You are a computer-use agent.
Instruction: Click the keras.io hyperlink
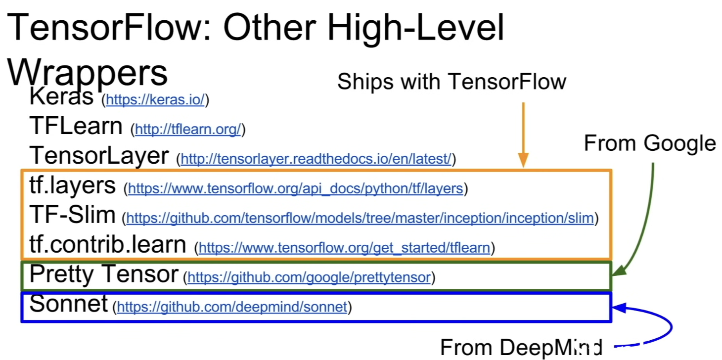[155, 99]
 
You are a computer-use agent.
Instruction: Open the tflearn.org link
[188, 129]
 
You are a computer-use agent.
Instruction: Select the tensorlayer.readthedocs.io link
[316, 159]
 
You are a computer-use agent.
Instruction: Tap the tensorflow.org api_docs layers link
[296, 188]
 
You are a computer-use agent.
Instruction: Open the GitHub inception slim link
[360, 218]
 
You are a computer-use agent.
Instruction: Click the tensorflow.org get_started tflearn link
[345, 248]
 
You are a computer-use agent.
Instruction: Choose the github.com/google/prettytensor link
[309, 277]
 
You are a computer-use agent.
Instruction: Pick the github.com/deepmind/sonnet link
[232, 307]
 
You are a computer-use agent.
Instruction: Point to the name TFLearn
[76, 126]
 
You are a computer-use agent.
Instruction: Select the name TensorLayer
[99, 155]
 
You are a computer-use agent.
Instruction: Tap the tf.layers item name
[73, 185]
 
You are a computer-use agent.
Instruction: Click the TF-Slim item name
[73, 215]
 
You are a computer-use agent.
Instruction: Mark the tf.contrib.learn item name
[108, 244]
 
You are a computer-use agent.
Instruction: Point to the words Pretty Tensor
[104, 274]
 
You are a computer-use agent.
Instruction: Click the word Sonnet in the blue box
[68, 303]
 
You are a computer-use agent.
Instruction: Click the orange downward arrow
[523, 135]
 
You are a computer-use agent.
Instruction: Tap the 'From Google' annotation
[650, 143]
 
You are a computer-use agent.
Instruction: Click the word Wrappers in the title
[87, 73]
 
